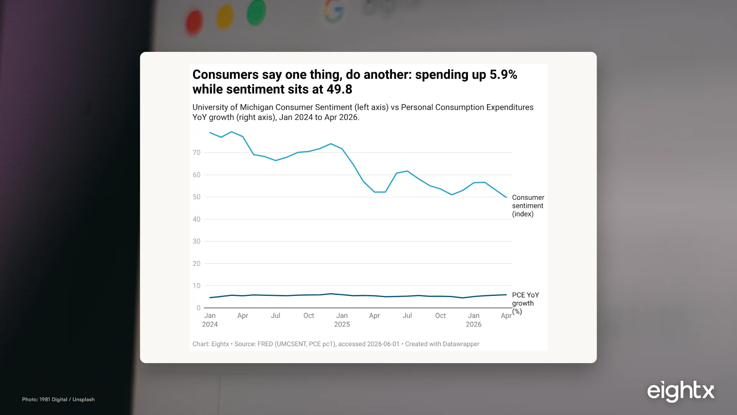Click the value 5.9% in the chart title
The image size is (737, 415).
(x=503, y=75)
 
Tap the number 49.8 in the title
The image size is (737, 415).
(x=339, y=89)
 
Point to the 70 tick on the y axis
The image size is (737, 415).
(x=197, y=153)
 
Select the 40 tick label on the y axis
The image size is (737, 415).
(x=197, y=219)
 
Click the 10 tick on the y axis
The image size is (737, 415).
(x=197, y=286)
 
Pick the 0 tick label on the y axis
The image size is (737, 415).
(x=198, y=308)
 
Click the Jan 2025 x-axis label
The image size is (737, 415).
(x=342, y=320)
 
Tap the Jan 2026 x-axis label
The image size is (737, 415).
(x=474, y=320)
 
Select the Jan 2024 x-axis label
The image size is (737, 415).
(x=210, y=320)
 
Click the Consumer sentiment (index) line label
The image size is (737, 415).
(x=528, y=206)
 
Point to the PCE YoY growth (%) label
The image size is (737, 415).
(x=525, y=303)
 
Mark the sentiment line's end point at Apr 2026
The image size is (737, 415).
(x=506, y=198)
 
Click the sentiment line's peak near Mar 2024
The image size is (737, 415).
(x=231, y=132)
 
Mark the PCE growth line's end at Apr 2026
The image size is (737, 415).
(x=506, y=295)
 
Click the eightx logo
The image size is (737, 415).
(x=681, y=391)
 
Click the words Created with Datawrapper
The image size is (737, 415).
(x=442, y=344)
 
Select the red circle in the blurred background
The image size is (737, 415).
(x=194, y=23)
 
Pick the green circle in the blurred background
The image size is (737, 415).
(x=256, y=12)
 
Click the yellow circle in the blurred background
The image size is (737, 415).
(x=225, y=17)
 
